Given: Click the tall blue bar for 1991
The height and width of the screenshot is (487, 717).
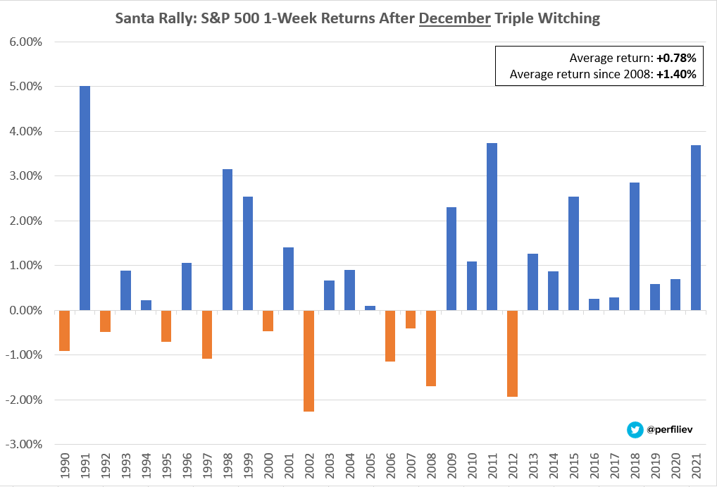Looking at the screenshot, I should [85, 198].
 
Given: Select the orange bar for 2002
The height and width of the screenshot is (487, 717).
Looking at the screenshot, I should [308, 360].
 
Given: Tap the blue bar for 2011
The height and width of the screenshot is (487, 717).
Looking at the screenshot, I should [492, 226].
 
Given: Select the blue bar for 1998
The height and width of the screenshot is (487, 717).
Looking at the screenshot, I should [227, 240].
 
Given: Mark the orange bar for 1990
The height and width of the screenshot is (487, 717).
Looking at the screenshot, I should [64, 331].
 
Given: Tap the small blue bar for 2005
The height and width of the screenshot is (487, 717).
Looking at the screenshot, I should [370, 308].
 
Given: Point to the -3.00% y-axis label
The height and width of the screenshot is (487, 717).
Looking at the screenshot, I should [25, 444].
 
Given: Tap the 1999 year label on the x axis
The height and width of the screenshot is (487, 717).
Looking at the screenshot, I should [248, 467].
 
